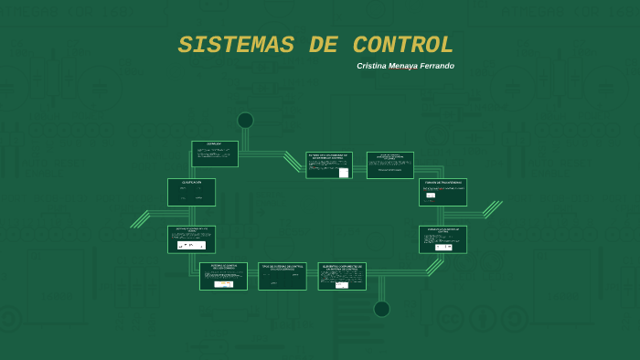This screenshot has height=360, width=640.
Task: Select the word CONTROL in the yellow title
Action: tap(403, 46)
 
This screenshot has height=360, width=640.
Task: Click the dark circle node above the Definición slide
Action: tap(245, 121)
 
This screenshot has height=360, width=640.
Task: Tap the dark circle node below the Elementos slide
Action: tap(381, 309)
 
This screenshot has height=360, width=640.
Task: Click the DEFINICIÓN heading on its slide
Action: tap(214, 144)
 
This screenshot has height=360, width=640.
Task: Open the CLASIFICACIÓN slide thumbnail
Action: tap(191, 192)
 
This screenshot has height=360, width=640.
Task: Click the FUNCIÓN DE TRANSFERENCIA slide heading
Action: tap(443, 183)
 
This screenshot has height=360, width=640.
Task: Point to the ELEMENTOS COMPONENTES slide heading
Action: tap(342, 268)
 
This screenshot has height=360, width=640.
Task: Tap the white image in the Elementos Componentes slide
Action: tap(341, 284)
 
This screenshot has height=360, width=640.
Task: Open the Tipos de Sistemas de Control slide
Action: tap(282, 276)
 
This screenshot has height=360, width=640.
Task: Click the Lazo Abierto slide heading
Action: tap(192, 229)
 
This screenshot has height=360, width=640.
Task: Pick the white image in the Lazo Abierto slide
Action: tap(191, 245)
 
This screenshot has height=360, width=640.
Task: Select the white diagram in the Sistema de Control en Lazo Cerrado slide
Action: tap(223, 283)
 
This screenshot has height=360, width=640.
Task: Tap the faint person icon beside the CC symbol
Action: tap(483, 319)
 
